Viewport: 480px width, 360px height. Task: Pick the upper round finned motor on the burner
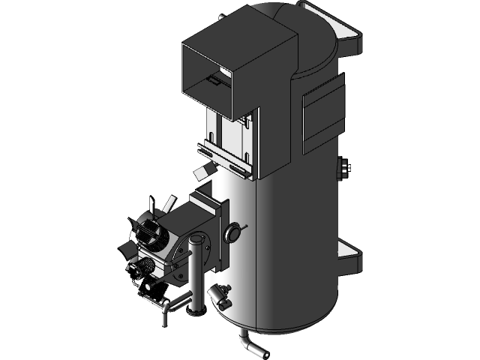(x=153, y=235)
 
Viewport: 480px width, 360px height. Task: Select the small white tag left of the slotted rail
(x=201, y=173)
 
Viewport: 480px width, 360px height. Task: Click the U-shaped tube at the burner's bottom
(x=172, y=303)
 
